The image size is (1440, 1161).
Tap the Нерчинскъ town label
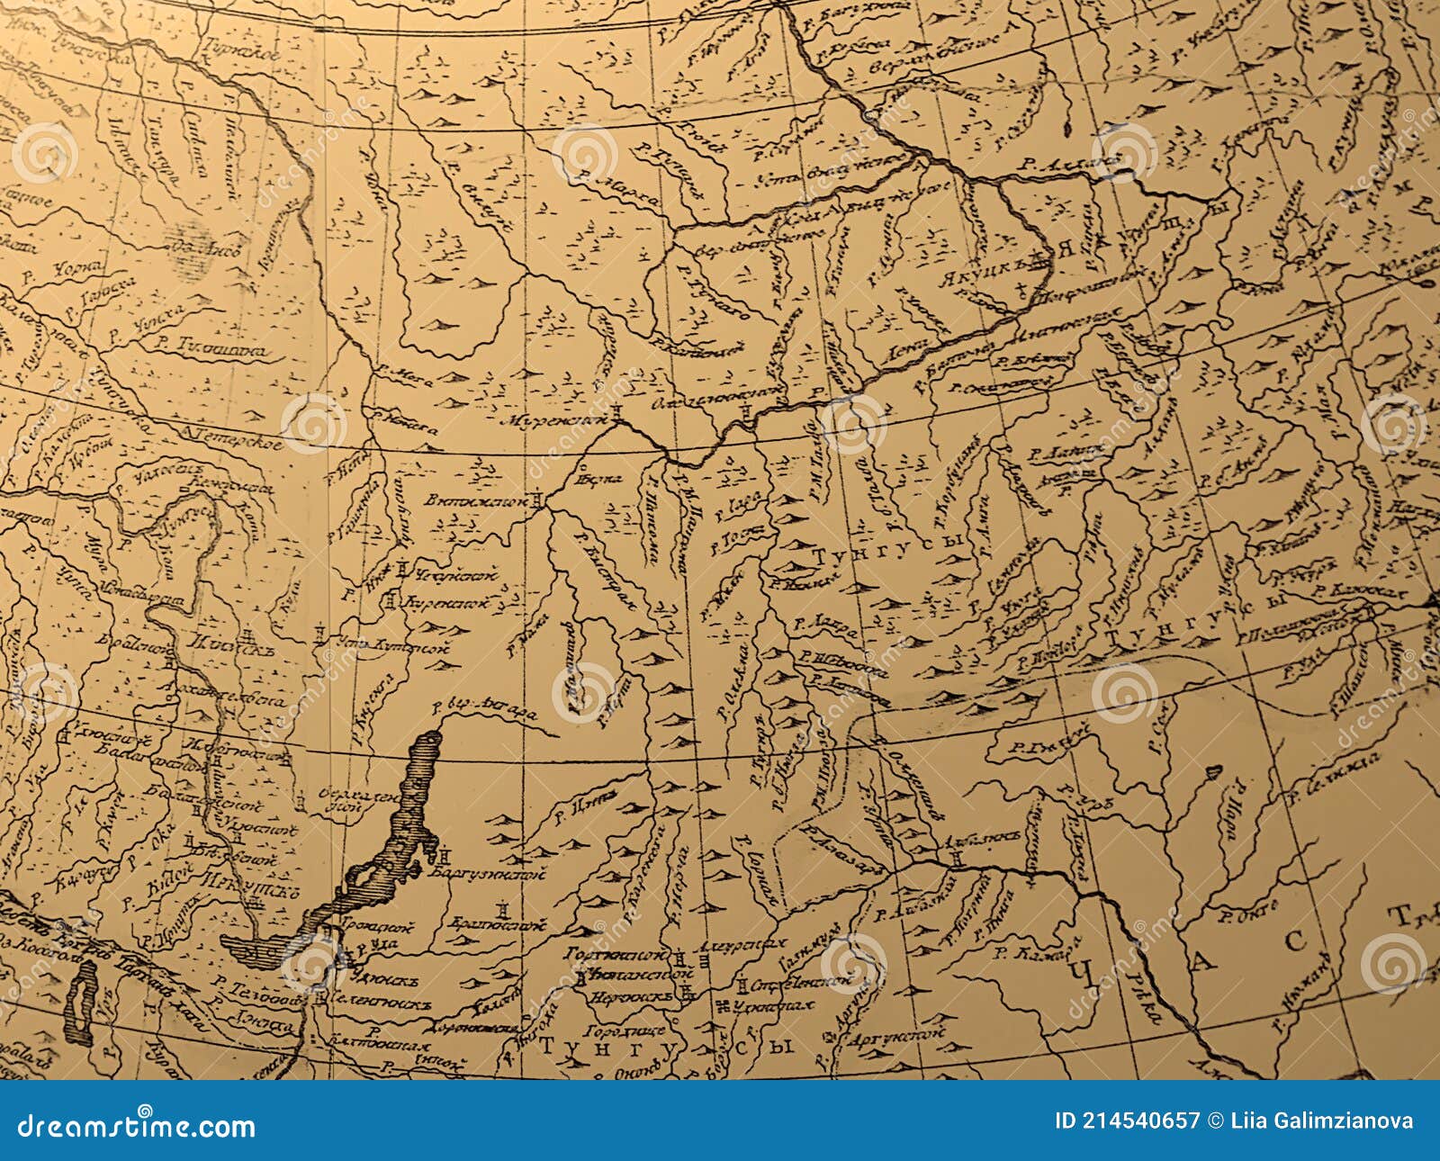tap(630, 996)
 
